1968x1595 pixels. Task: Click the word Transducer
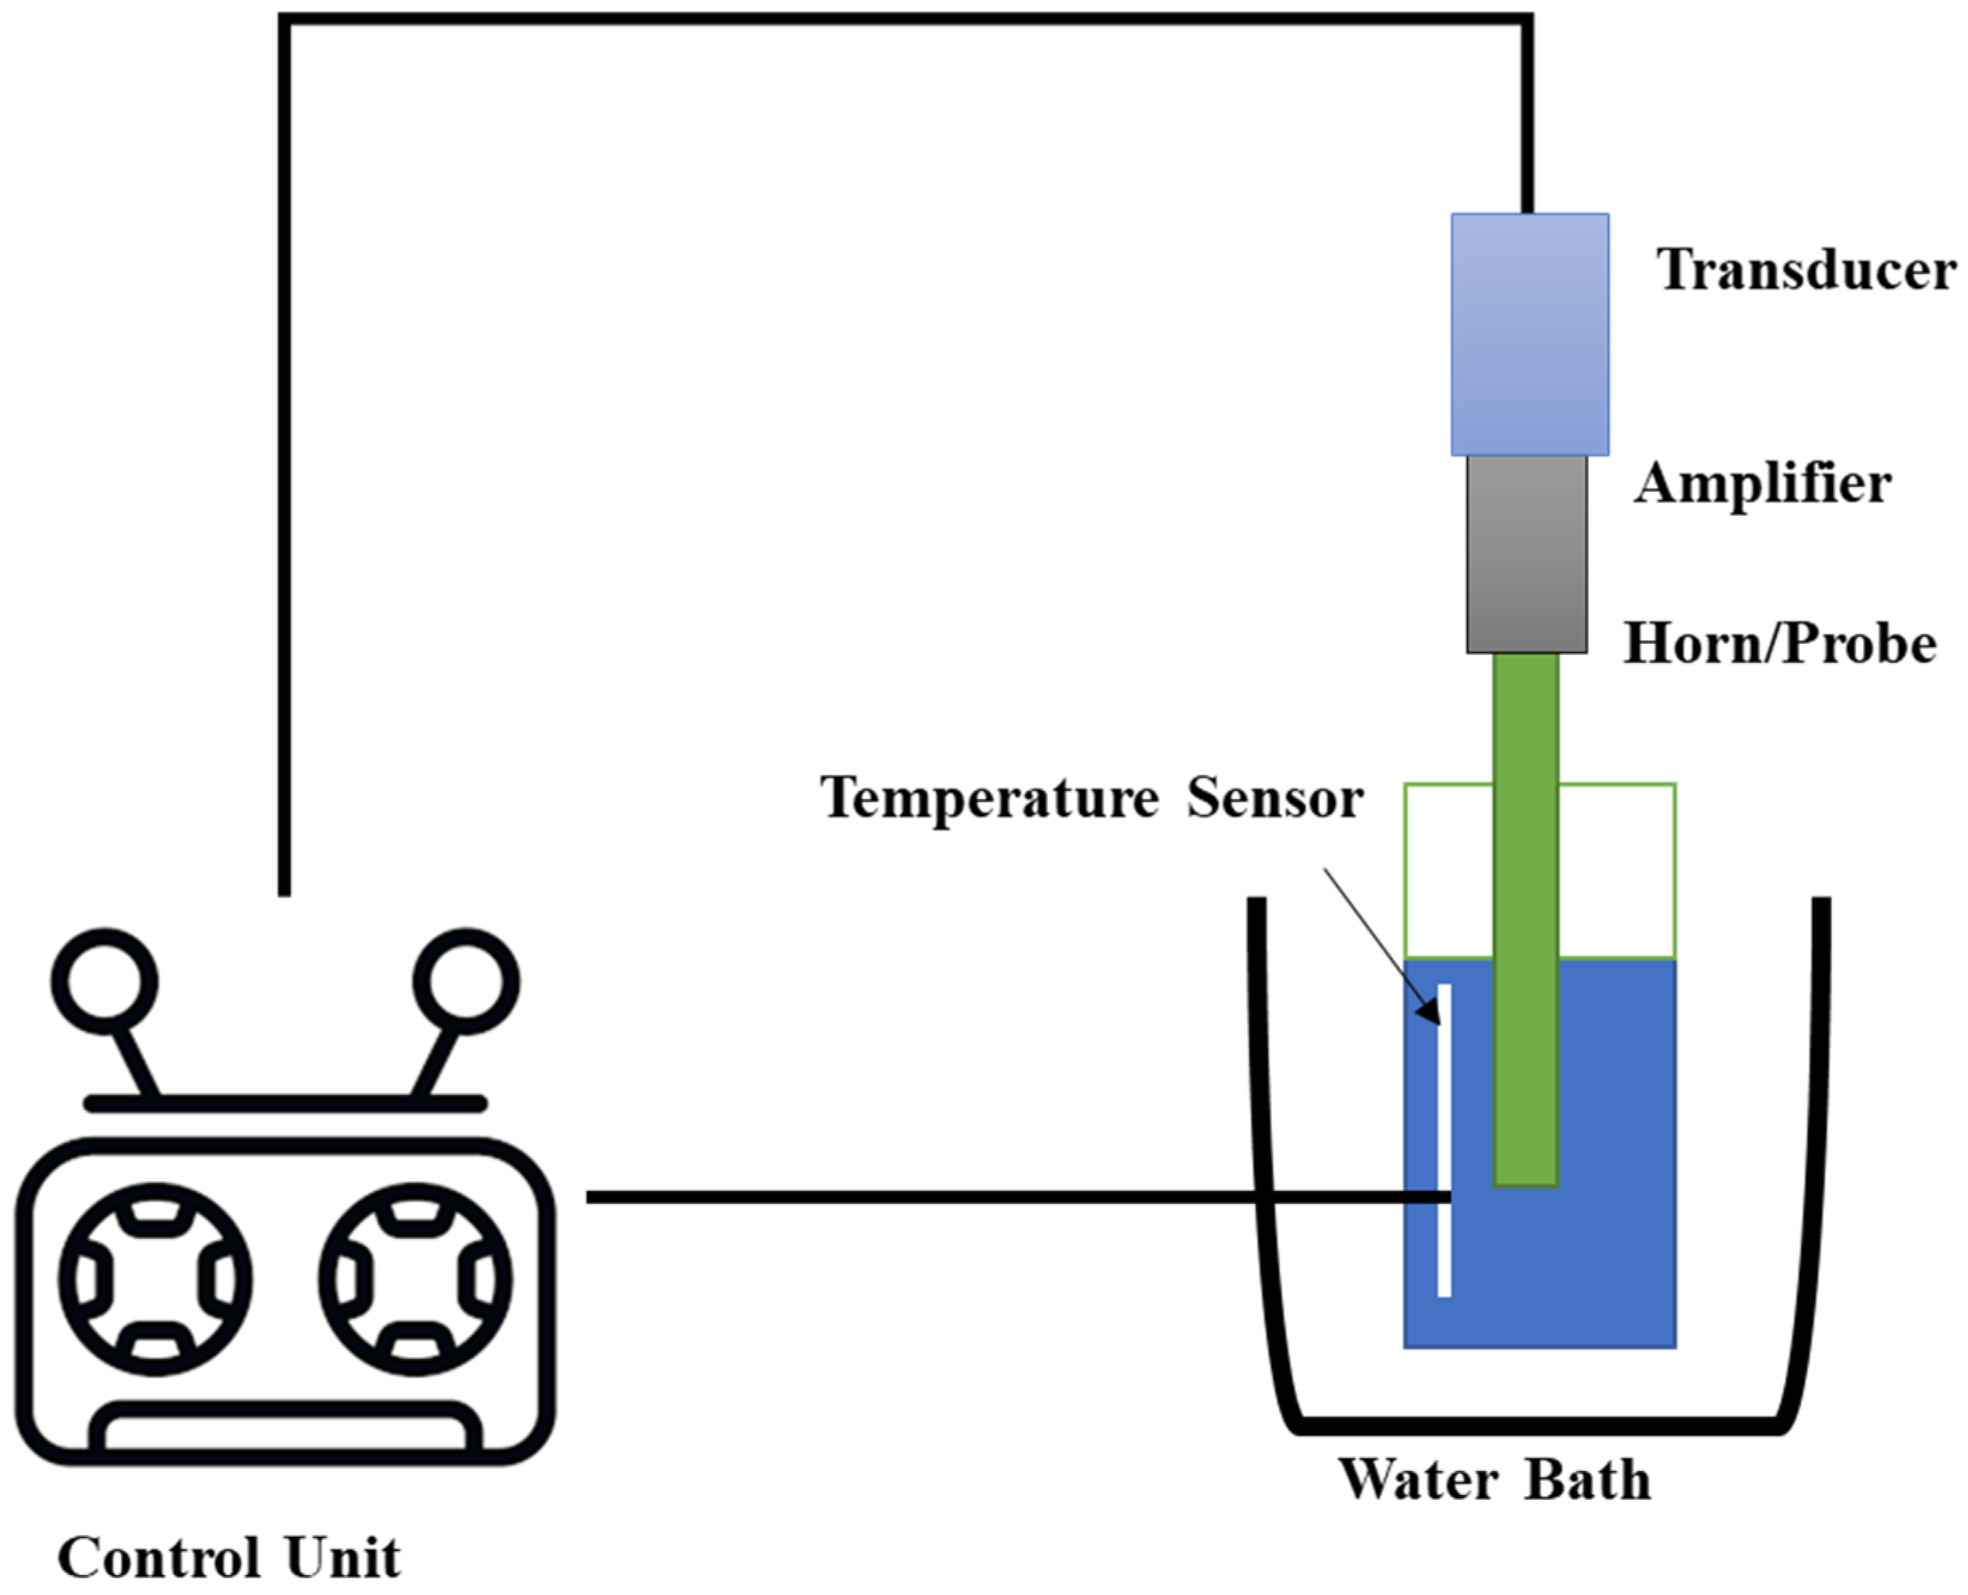click(x=1806, y=270)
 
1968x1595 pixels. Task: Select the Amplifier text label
click(x=1762, y=483)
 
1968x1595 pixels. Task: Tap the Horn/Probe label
click(x=1780, y=643)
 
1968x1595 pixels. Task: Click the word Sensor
click(x=1274, y=797)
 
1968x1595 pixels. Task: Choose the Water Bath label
click(x=1495, y=1479)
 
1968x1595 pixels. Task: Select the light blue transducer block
click(x=1529, y=334)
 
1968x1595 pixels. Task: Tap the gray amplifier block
click(x=1526, y=555)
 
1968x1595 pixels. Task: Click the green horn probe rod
click(x=1525, y=919)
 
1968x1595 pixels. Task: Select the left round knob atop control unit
click(x=104, y=981)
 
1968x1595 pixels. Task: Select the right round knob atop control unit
click(x=466, y=981)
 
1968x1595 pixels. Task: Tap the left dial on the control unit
click(x=154, y=1280)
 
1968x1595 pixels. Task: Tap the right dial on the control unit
click(x=415, y=1280)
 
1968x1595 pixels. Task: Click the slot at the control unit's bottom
click(x=285, y=1429)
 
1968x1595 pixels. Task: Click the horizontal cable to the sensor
click(x=918, y=1197)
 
